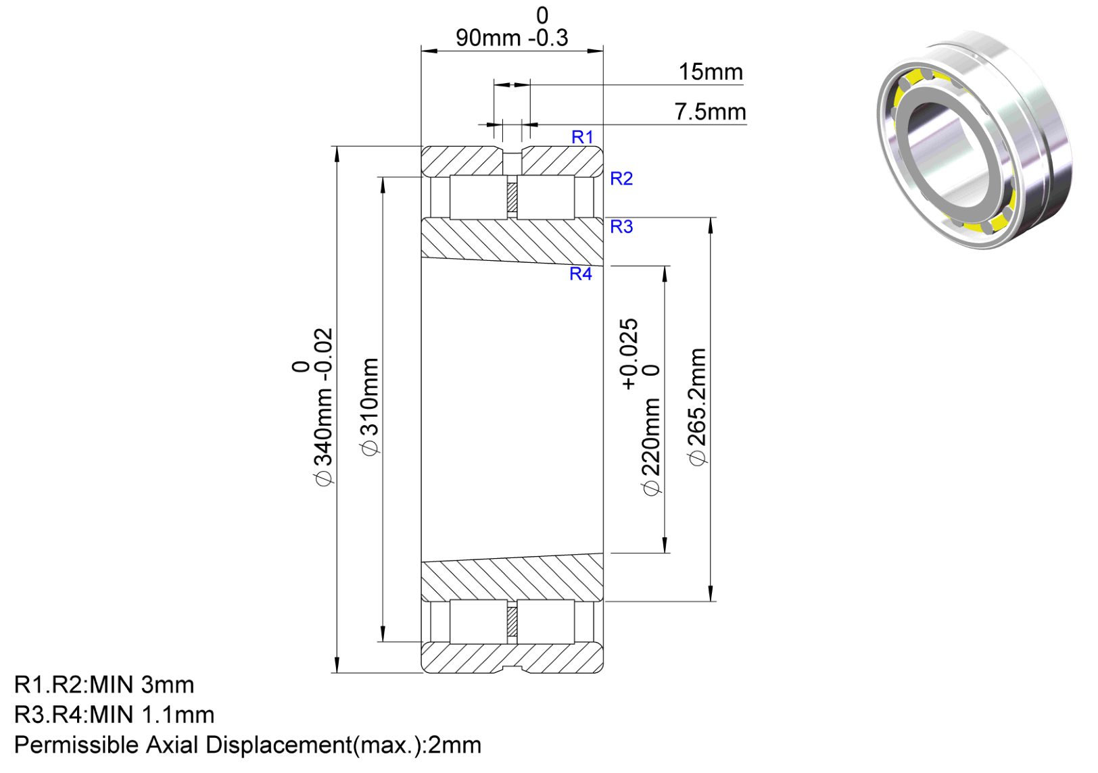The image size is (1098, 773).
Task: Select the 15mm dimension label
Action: pos(711,72)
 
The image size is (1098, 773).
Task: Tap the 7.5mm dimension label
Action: pos(711,111)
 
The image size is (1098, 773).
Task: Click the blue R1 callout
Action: pos(582,137)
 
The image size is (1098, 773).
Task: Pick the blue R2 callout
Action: pos(621,179)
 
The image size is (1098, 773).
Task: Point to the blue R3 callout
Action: pos(621,226)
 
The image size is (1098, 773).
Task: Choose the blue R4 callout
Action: pos(581,274)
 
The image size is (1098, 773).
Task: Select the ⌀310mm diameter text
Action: pos(370,407)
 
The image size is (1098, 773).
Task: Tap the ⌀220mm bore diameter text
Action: pos(651,446)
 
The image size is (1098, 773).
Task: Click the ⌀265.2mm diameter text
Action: pos(697,407)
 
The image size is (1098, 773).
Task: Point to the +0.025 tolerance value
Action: pos(629,354)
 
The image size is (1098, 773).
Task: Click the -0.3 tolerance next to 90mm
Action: pos(548,38)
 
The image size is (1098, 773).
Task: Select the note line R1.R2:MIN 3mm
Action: pos(104,684)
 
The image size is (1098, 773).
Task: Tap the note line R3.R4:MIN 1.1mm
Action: pos(114,715)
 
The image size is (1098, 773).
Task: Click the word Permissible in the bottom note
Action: pos(76,745)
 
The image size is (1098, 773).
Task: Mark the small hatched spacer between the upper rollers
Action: pos(512,197)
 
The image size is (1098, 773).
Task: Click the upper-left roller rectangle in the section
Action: pos(479,197)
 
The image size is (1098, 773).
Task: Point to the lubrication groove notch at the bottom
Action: pos(512,669)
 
